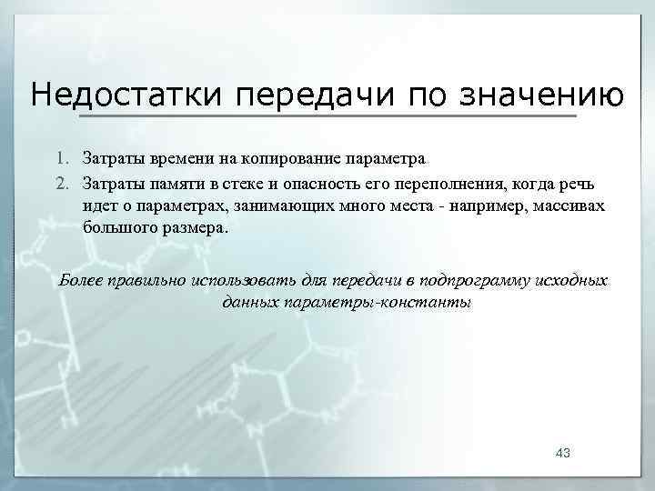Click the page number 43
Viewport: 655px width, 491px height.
(x=561, y=453)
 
